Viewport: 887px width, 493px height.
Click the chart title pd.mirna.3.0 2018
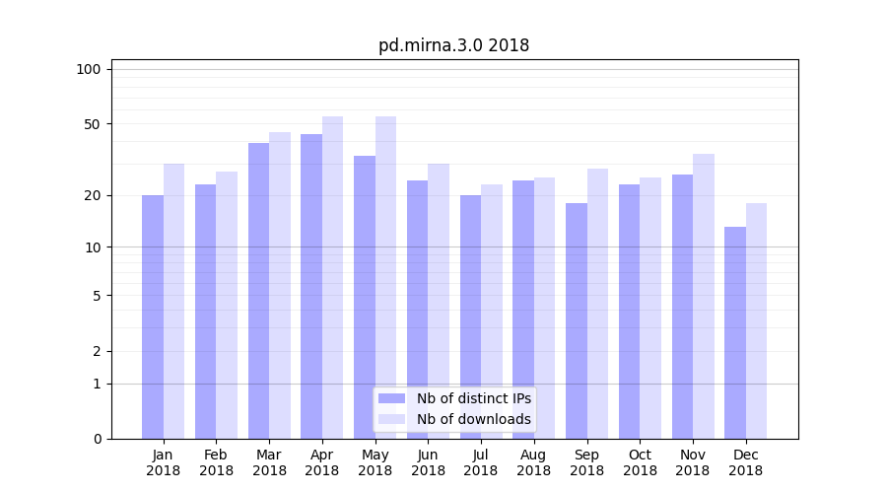453,45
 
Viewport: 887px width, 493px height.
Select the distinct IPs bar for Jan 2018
153,317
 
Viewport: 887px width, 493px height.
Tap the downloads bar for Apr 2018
332,277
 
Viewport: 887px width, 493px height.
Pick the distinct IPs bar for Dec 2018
735,332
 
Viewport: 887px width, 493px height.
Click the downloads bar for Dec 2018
756,320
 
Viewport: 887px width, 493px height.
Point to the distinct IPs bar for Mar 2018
258,291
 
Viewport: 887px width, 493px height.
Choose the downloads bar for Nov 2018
703,296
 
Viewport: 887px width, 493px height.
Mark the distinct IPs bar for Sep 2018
577,320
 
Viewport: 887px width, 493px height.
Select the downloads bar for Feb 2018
227,305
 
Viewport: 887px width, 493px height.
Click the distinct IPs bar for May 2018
365,297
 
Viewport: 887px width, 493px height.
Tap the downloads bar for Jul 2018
491,312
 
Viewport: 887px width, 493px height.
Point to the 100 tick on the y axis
89,69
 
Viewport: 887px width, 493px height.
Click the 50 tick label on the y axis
92,124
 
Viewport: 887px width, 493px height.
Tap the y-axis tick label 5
97,296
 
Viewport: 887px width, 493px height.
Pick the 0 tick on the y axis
97,439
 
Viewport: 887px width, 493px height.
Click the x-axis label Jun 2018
428,462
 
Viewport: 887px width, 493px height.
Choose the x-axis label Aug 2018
533,462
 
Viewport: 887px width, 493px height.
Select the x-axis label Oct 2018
640,462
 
